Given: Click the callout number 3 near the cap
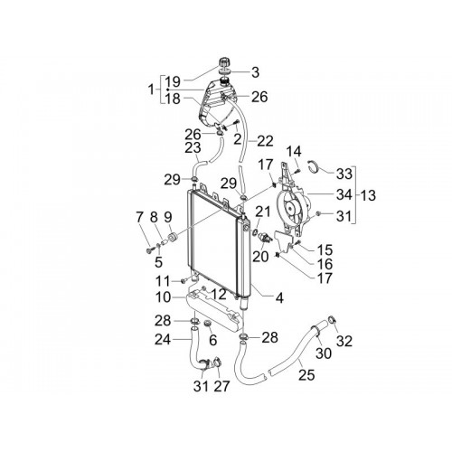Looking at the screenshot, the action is pos(255,72).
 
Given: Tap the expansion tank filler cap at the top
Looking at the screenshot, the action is pos(224,62).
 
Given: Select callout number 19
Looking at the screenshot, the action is pos(173,81).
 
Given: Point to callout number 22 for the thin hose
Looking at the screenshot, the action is pos(265,141).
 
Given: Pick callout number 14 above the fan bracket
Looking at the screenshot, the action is pos(294,152).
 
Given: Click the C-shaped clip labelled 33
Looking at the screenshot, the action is pos(314,166).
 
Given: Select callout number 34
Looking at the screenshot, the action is pos(344,195).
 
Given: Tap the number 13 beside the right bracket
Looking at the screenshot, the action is pos(368,195).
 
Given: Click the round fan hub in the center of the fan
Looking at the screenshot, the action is pos(291,207).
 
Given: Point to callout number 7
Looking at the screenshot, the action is pos(139,218).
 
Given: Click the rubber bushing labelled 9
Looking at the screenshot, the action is pos(174,236).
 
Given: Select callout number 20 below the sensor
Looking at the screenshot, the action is pos(260,257).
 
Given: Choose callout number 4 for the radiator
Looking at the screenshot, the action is pos(279,298).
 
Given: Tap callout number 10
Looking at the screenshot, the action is pos(163,297).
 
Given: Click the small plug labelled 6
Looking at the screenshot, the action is pos(207,324).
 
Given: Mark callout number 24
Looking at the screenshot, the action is pos(163,340).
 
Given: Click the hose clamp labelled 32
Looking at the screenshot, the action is pos(332,319).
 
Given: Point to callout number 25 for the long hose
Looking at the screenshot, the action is pos(306,375).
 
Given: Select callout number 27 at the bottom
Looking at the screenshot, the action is pos(221,386).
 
